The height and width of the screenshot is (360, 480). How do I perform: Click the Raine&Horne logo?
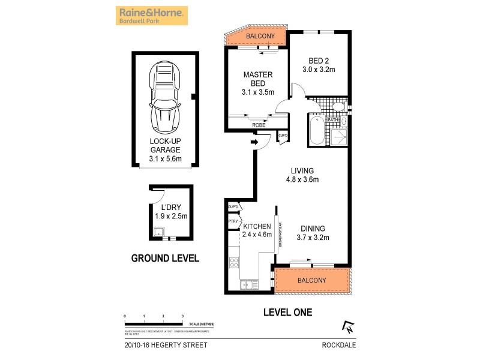[x=151, y=15]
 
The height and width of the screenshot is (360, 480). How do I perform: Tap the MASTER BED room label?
[x=258, y=79]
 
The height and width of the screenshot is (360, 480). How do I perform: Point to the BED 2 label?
[x=319, y=61]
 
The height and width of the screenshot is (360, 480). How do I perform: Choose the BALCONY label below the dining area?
[x=311, y=280]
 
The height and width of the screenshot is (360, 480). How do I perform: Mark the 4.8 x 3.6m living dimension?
[x=302, y=179]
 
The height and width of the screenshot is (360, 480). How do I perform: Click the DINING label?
[x=313, y=229]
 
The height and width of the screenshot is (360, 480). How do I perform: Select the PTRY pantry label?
[x=233, y=221]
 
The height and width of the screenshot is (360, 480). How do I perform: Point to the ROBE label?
[x=259, y=125]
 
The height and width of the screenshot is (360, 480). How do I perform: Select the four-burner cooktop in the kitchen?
[x=234, y=262]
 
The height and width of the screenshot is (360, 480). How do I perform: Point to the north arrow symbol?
[x=347, y=326]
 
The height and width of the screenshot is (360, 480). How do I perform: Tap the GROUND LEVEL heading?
[x=165, y=259]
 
